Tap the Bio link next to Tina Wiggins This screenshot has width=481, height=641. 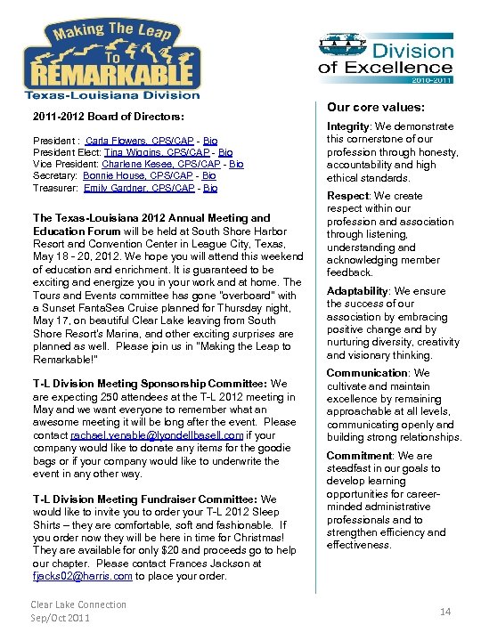coord(225,153)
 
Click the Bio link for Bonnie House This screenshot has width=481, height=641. coord(208,176)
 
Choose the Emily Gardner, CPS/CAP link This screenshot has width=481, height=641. coord(142,188)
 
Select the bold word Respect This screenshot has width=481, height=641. coord(347,196)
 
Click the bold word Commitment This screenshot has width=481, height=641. coord(358,455)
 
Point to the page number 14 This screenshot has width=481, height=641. coord(444,612)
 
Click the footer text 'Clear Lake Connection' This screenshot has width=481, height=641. coord(78,604)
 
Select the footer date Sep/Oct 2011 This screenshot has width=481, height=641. coord(61,618)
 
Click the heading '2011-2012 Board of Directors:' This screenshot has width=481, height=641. coord(108,117)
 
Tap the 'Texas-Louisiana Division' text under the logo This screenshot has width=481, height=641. coord(111,94)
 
